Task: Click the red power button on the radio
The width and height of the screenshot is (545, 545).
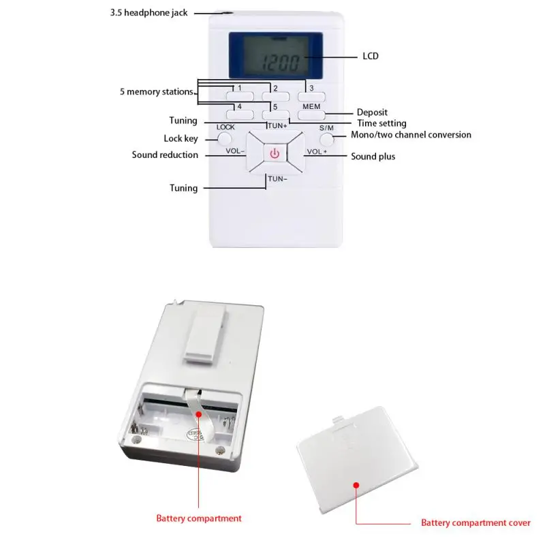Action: (x=275, y=153)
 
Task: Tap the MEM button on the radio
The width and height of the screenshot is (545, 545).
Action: (x=311, y=114)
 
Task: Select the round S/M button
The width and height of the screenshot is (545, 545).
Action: (x=327, y=140)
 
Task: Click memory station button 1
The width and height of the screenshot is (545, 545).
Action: (x=239, y=96)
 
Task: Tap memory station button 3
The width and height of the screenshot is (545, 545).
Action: (x=311, y=96)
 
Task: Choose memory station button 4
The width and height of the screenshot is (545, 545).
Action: (x=239, y=114)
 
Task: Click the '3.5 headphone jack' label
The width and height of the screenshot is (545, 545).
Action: (x=149, y=13)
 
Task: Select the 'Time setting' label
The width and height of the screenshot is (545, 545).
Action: (x=381, y=123)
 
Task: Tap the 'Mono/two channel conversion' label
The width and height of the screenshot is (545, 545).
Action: (x=411, y=135)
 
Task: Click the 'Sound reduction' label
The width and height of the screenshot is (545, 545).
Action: (x=165, y=155)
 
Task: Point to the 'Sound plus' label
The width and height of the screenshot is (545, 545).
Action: (x=373, y=157)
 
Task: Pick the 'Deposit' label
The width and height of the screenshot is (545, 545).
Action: (x=372, y=112)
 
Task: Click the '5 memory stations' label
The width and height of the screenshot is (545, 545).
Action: (x=156, y=91)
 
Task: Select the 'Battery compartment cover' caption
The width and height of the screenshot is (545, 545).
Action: (x=476, y=523)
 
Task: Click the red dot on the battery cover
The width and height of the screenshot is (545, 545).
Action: (x=355, y=484)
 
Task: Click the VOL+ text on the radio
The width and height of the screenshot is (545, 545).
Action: (x=317, y=152)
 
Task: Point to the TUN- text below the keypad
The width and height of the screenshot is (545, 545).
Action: (x=277, y=178)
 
